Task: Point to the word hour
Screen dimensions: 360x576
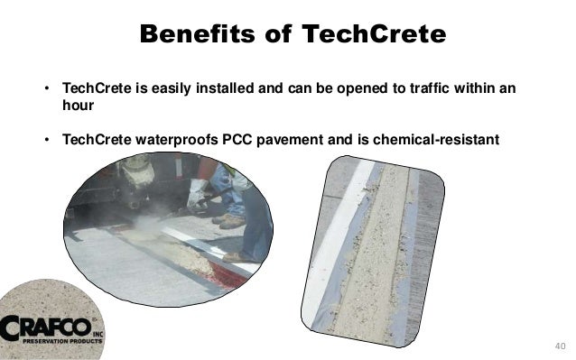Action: click(78, 105)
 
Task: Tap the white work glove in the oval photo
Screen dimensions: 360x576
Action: click(198, 189)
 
